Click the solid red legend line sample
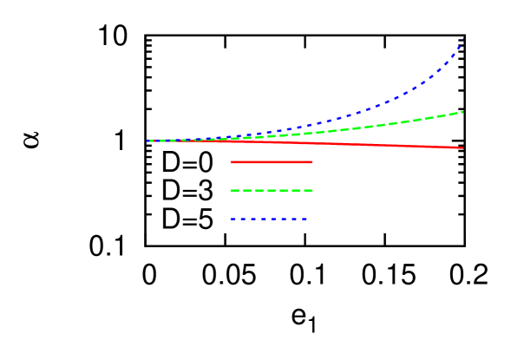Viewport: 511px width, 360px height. tap(272, 162)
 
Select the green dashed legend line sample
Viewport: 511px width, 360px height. tap(272, 190)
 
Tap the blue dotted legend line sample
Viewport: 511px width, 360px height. tap(269, 219)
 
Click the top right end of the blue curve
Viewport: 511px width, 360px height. tap(463, 39)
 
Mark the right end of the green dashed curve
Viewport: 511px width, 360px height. tap(462, 112)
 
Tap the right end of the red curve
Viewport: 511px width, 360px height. tap(462, 147)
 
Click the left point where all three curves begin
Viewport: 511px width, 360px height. tap(149, 141)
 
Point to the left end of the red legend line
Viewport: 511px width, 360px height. tap(231, 162)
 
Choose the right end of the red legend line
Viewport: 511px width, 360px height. tap(312, 162)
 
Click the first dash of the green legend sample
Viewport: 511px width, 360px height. tap(234, 190)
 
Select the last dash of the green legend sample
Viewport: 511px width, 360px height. tap(308, 190)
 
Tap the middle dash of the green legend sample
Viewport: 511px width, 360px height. tap(272, 190)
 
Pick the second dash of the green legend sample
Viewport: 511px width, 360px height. tap(247, 190)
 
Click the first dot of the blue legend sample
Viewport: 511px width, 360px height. tap(233, 219)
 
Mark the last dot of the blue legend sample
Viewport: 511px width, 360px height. tap(305, 219)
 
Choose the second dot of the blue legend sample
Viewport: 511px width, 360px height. tap(243, 219)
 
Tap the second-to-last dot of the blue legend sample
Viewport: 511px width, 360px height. tap(294, 219)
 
